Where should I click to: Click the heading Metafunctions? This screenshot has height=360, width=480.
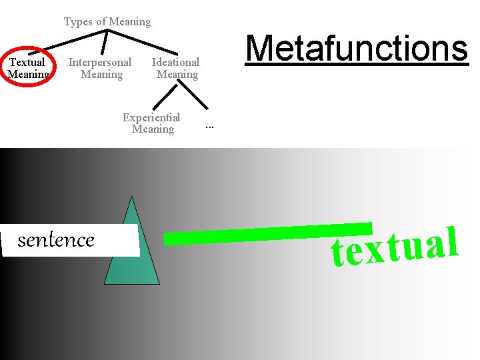click(357, 48)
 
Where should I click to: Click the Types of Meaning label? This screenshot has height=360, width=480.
click(107, 21)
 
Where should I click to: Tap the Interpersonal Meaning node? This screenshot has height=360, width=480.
click(101, 68)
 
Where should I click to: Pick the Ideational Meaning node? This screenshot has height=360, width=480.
click(176, 68)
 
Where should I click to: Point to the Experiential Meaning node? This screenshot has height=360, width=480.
click(152, 123)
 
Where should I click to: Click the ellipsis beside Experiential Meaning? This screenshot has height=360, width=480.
click(209, 126)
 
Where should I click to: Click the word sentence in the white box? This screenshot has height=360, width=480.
click(56, 239)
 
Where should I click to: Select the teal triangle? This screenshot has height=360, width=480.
click(133, 253)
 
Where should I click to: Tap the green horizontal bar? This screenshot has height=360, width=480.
click(267, 233)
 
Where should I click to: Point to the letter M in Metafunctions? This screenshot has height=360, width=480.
click(261, 48)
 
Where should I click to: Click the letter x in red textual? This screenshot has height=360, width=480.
click(373, 252)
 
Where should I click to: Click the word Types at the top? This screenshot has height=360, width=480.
click(79, 21)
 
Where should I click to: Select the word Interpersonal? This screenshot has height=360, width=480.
click(101, 62)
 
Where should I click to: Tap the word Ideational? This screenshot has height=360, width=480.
click(176, 62)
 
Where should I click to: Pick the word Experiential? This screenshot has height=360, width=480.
click(152, 117)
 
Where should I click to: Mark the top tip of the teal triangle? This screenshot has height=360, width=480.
click(132, 197)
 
